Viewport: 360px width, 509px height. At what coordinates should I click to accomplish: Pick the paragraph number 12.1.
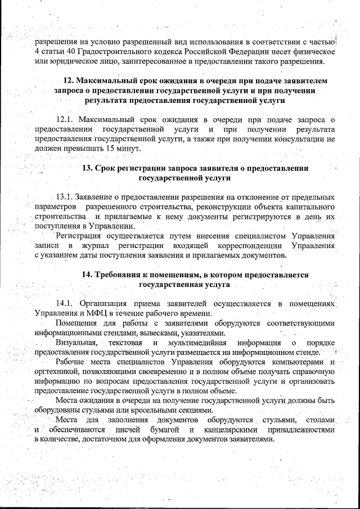click(65, 119)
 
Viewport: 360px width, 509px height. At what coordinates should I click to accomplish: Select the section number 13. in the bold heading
click(88, 168)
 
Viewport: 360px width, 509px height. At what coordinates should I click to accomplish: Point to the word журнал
click(97, 246)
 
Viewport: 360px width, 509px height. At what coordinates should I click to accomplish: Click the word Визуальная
click(77, 343)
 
